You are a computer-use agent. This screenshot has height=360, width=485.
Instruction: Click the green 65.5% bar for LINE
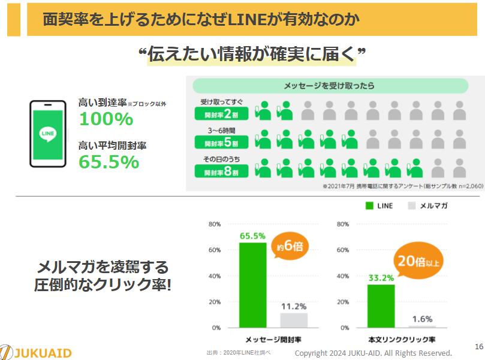pyautogui.click(x=253, y=285)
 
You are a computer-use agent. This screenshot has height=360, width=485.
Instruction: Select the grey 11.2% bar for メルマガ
pyautogui.click(x=294, y=320)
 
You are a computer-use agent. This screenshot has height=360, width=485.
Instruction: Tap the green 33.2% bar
pyautogui.click(x=381, y=306)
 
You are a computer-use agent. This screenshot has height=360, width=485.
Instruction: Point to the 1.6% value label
pyautogui.click(x=422, y=319)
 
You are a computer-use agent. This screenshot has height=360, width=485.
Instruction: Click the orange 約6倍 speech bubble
pyautogui.click(x=290, y=246)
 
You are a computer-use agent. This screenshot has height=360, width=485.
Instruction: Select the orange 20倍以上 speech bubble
pyautogui.click(x=418, y=261)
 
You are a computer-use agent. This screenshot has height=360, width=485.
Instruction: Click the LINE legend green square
pyautogui.click(x=369, y=206)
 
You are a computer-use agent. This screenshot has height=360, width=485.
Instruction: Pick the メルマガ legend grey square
pyautogui.click(x=412, y=206)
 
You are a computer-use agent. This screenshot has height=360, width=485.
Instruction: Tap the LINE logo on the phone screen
pyautogui.click(x=47, y=134)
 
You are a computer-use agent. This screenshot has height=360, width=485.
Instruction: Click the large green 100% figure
pyautogui.click(x=106, y=119)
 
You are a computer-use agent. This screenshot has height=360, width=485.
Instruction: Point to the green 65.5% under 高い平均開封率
pyautogui.click(x=109, y=162)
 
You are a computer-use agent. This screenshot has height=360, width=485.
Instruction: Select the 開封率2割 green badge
pyautogui.click(x=221, y=114)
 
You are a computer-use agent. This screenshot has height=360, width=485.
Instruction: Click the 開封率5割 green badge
pyautogui.click(x=221, y=142)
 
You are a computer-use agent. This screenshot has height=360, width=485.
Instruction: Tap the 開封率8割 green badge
pyautogui.click(x=221, y=171)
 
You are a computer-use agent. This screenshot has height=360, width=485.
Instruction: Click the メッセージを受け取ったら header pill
pyautogui.click(x=330, y=86)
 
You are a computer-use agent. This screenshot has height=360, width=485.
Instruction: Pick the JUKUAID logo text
pyautogui.click(x=43, y=353)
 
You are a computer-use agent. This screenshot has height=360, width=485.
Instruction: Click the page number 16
pyautogui.click(x=479, y=346)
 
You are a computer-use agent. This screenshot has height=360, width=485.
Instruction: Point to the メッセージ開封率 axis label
pyautogui.click(x=273, y=340)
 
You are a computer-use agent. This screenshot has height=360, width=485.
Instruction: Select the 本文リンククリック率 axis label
pyautogui.click(x=402, y=340)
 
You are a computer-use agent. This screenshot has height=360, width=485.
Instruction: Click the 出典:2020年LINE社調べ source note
pyautogui.click(x=239, y=353)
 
